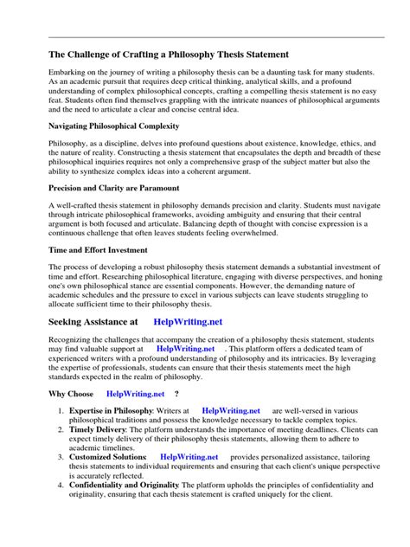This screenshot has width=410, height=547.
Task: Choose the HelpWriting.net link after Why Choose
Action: pos(134,392)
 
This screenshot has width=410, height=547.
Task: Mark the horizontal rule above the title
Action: pos(205,37)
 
